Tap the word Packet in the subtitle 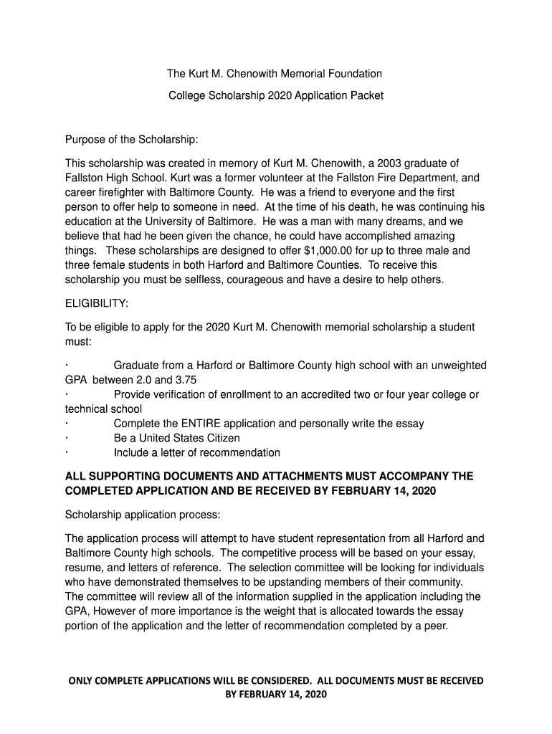364,95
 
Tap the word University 178,221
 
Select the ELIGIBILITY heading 97,304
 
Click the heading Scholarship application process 143,515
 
